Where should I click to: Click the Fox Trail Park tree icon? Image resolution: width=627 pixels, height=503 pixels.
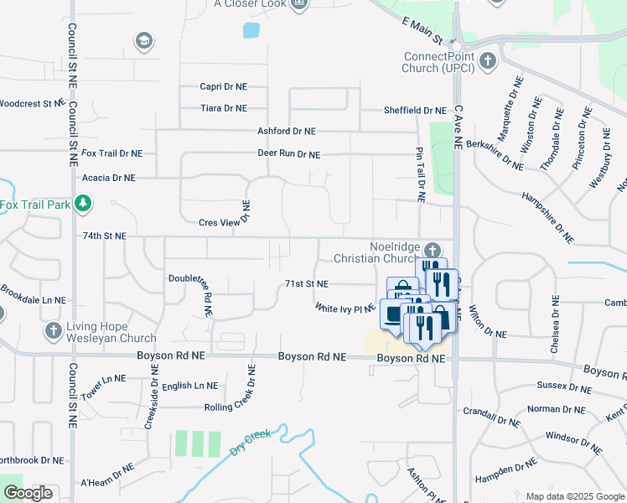pyautogui.click(x=82, y=203)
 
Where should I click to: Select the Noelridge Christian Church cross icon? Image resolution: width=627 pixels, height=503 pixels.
pyautogui.click(x=432, y=250)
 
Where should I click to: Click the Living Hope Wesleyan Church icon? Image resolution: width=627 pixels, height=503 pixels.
pyautogui.click(x=54, y=329)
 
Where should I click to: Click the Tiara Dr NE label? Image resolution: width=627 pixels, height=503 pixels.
pyautogui.click(x=224, y=108)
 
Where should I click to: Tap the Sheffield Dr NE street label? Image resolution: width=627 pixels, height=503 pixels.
pyautogui.click(x=415, y=111)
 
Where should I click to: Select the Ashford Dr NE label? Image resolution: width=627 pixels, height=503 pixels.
pyautogui.click(x=287, y=132)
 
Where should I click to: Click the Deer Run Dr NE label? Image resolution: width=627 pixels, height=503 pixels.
pyautogui.click(x=288, y=154)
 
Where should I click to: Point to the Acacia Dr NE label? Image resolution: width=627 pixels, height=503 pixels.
pyautogui.click(x=108, y=178)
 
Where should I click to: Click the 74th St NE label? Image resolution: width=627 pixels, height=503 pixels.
pyautogui.click(x=104, y=236)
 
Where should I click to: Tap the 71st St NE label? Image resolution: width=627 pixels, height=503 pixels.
pyautogui.click(x=306, y=284)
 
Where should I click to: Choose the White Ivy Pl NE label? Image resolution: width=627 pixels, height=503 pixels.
pyautogui.click(x=345, y=309)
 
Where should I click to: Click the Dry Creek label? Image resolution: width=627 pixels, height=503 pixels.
pyautogui.click(x=251, y=443)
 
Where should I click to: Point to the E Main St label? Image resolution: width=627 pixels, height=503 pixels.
pyautogui.click(x=421, y=30)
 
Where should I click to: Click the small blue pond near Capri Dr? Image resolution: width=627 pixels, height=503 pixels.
pyautogui.click(x=251, y=31)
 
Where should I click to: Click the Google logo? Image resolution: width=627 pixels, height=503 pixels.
pyautogui.click(x=28, y=493)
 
